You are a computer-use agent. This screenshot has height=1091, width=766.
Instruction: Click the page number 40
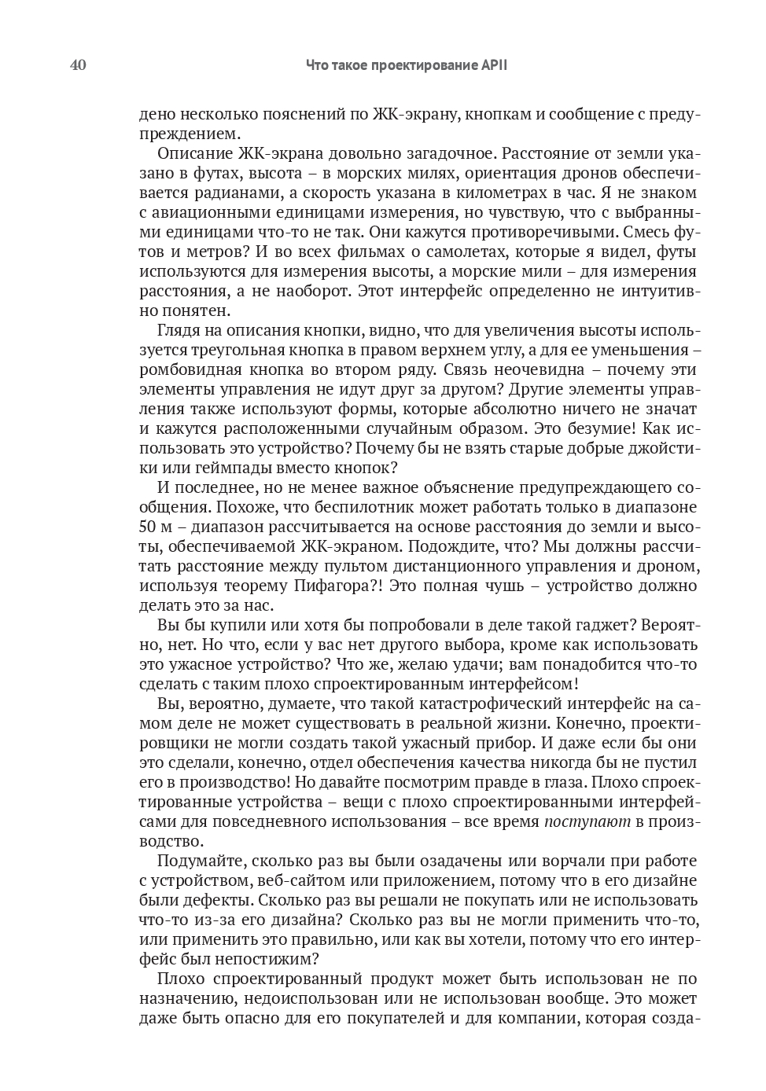(x=78, y=65)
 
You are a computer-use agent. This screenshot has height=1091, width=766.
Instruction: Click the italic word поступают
(x=587, y=821)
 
